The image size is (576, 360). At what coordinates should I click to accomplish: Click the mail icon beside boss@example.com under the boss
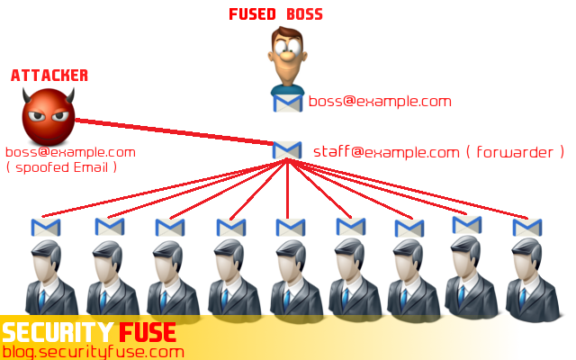[x=288, y=102]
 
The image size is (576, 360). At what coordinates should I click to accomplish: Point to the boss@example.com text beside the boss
[x=380, y=101]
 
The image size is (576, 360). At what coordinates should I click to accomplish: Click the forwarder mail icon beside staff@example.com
[x=287, y=149]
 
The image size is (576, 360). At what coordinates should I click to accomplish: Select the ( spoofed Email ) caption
[x=62, y=167]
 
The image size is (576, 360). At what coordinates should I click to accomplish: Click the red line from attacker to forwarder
[x=171, y=131]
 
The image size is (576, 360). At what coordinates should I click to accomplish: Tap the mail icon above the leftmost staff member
[x=45, y=227]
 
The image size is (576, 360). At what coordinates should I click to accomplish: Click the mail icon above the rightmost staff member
[x=527, y=227]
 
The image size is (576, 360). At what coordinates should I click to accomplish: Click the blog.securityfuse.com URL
[x=93, y=351]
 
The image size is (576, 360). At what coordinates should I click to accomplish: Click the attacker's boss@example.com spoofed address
[x=70, y=152]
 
